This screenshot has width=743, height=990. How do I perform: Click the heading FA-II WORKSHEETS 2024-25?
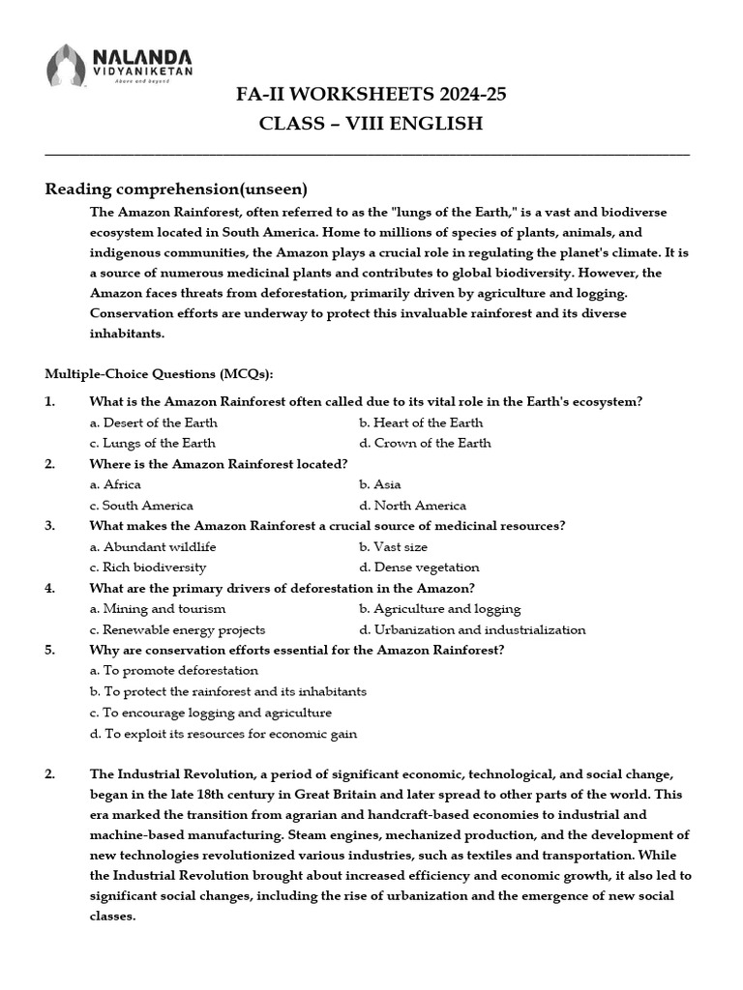tap(371, 94)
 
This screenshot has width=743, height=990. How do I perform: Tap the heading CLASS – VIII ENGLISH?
tap(371, 124)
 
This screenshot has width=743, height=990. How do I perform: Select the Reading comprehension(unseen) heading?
tap(176, 188)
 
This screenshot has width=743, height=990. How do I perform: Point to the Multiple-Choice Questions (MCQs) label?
tap(160, 374)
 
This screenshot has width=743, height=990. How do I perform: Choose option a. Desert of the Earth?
tap(153, 422)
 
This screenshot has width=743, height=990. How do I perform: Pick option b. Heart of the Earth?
tap(421, 422)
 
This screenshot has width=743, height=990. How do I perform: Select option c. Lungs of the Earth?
tap(152, 443)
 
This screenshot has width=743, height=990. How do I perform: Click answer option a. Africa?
tap(115, 484)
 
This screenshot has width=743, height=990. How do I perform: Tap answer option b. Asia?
tap(379, 484)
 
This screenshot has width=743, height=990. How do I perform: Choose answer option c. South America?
tap(141, 505)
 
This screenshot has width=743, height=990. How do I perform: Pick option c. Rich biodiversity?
tap(148, 568)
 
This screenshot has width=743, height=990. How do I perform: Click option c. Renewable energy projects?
tap(177, 629)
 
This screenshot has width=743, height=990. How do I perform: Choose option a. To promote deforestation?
tap(174, 670)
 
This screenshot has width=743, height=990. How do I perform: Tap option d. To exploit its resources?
tap(223, 734)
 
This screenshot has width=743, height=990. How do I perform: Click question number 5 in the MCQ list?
tap(49, 650)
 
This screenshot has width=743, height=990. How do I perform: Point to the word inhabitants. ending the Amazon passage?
tap(128, 334)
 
